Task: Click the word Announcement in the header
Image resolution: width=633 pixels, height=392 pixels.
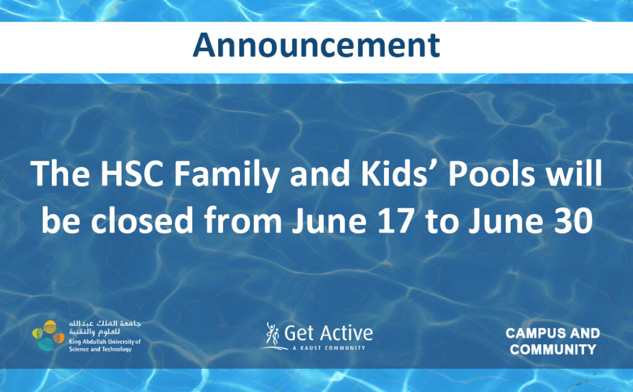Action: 316,45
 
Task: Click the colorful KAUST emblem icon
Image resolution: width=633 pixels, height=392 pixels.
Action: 48,335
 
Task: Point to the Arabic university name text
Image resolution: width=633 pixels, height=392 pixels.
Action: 104,328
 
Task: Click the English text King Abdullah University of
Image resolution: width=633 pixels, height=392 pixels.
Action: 104,341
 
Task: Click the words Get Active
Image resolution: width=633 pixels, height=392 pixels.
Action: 328,333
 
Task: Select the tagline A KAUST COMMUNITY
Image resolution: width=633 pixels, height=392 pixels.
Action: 329,347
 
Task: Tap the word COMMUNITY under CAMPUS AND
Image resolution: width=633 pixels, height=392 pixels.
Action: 553,349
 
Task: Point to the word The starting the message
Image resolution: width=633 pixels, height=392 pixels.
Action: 60,174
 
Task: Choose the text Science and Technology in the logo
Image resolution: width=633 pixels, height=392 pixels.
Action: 100,349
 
